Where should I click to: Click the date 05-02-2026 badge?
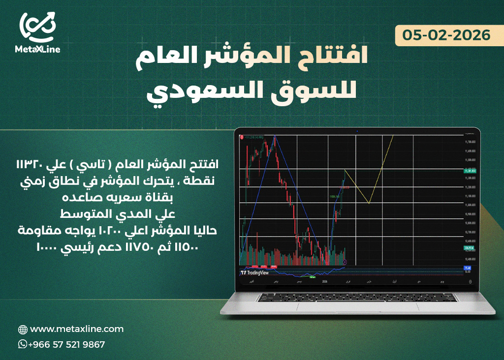(446, 35)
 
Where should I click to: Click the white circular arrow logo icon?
(37, 26)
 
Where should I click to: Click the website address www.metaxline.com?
(77, 329)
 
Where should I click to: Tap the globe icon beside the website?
(23, 329)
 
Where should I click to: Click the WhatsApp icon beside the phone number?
(22, 344)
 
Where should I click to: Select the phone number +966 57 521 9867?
(66, 344)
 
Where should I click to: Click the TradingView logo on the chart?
(254, 272)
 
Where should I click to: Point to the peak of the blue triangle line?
(274, 135)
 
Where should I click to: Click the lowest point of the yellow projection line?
(369, 203)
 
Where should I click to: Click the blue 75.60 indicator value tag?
(468, 268)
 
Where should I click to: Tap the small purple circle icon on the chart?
(345, 262)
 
